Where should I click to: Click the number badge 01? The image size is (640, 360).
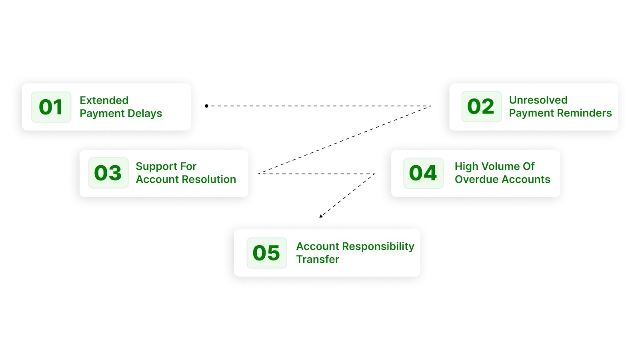pos(51,107)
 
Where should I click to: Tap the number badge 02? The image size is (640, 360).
pos(481,107)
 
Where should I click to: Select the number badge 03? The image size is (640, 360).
pos(108,173)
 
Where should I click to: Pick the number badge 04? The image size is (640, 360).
pos(423,173)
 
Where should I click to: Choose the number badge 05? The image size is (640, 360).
pos(266,253)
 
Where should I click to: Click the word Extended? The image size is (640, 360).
pos(104,100)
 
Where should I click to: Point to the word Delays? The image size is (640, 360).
pos(145,114)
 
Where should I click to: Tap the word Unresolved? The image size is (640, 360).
pos(538,100)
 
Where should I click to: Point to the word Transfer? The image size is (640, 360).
pos(318,260)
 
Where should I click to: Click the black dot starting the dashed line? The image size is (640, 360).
pos(206,106)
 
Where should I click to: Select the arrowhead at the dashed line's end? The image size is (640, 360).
pos(321,216)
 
